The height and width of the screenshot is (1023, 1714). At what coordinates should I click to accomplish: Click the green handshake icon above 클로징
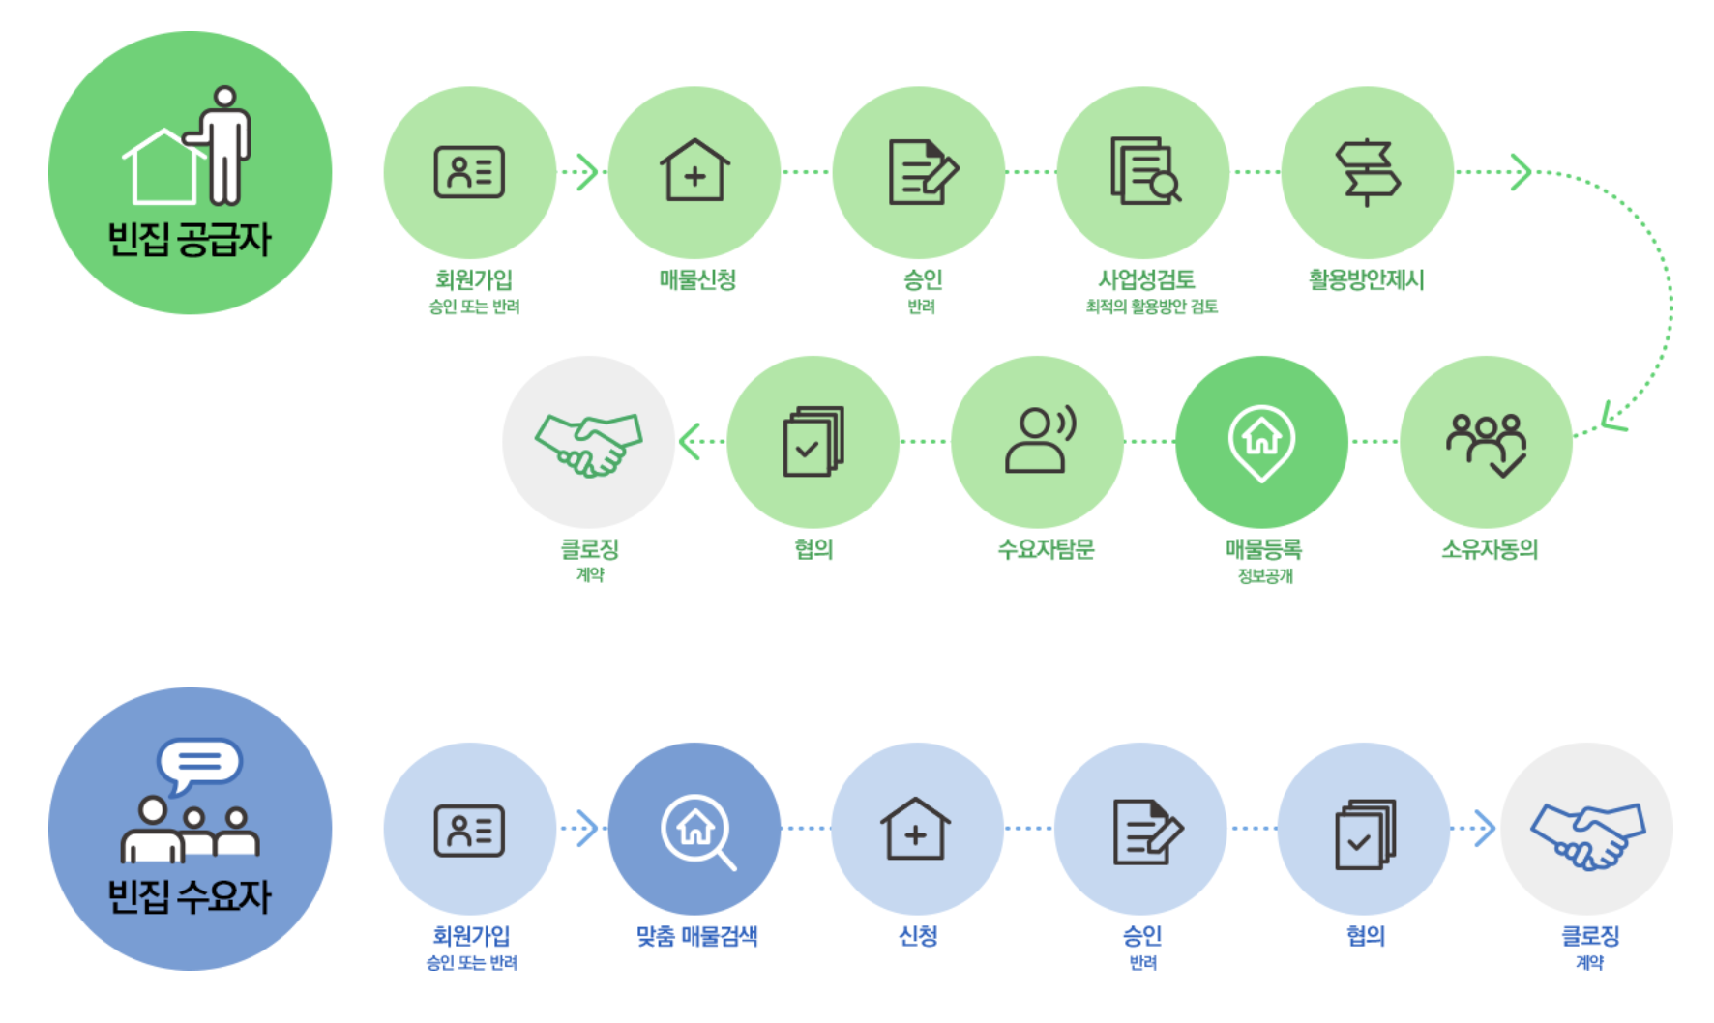588,444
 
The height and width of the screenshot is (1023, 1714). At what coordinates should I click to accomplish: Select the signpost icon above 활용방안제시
1367,172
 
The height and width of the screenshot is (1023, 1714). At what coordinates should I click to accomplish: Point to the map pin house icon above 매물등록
1261,442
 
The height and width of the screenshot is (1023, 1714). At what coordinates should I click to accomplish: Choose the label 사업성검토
1146,279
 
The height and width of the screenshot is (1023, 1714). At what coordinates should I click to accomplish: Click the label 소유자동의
1490,549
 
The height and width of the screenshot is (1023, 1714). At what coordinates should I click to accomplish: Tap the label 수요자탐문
1046,549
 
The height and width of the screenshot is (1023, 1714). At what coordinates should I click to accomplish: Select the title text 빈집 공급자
190,239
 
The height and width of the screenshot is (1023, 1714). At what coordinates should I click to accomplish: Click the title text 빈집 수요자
190,896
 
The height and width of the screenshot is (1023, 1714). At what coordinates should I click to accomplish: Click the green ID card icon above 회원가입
469,172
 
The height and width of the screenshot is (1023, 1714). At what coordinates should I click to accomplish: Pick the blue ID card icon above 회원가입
469,831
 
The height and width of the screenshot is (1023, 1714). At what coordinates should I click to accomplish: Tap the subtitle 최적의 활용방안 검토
1151,307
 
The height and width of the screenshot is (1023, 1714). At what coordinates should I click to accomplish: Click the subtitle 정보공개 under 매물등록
1265,576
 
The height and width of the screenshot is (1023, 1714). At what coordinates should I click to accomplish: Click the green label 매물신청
697,279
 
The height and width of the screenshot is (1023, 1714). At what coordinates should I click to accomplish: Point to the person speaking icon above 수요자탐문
1040,440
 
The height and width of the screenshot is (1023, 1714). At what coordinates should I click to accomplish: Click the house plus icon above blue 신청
916,829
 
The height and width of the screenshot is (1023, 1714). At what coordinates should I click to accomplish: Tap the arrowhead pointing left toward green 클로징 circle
689,441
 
